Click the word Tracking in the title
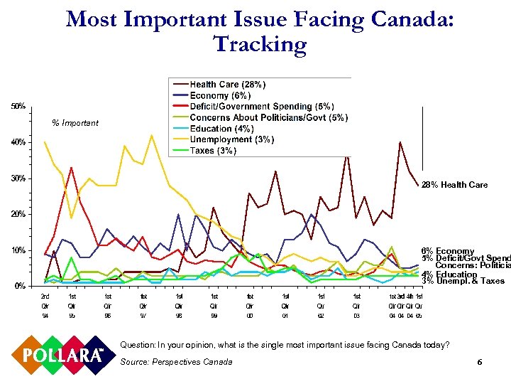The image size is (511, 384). tap(260, 44)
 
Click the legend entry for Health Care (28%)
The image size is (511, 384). tap(227, 85)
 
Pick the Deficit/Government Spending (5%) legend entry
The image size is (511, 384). tap(261, 106)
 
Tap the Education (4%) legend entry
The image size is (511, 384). tap(221, 129)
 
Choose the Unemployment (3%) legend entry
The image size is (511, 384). tap(231, 139)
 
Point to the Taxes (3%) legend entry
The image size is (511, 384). tap(213, 151)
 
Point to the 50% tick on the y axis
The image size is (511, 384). tap(18, 106)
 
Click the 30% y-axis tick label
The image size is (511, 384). tap(18, 178)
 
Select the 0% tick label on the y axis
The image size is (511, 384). tap(21, 286)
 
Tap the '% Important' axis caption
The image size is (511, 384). tap(75, 123)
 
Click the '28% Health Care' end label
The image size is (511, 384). tap(454, 185)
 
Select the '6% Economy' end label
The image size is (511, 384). tap(447, 251)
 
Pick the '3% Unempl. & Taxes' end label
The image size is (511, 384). tap(462, 281)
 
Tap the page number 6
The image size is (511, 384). tap(480, 363)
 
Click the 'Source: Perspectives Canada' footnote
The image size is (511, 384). tap(176, 362)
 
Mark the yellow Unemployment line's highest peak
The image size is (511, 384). tap(151, 134)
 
